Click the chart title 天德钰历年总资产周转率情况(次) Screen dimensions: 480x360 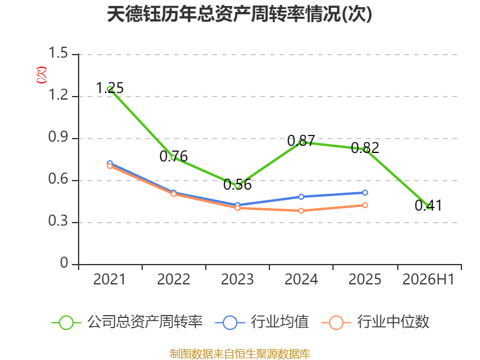point(239,14)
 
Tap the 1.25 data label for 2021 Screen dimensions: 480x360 point(110,88)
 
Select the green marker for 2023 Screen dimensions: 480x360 point(238,185)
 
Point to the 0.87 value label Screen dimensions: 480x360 point(301,141)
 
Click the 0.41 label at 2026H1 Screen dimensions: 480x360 point(428,205)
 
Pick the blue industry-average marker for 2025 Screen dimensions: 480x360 point(365,193)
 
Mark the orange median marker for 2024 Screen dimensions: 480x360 point(301,211)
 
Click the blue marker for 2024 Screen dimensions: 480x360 point(301,197)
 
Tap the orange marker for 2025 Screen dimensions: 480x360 point(365,205)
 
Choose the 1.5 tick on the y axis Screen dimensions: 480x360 point(58,53)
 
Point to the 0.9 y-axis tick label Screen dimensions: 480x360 point(58,137)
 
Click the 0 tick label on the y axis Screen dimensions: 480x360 point(64,263)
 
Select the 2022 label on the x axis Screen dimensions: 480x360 point(173,280)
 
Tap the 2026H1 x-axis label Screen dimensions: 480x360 point(428,280)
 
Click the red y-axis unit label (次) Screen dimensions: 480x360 point(41,75)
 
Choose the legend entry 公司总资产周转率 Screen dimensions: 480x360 point(127,322)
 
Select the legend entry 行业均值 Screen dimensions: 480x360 point(262,322)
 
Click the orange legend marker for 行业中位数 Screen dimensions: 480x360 point(336,323)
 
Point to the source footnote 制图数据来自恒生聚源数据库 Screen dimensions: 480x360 point(240,354)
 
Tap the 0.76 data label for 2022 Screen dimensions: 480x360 point(173,157)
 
